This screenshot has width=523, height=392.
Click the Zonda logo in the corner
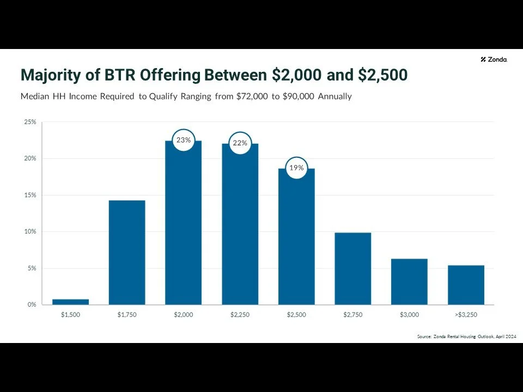pyautogui.click(x=494, y=59)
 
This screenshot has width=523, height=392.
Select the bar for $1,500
pyautogui.click(x=70, y=302)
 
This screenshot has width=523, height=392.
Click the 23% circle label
pyautogui.click(x=184, y=140)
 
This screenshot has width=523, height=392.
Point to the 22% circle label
pyautogui.click(x=240, y=143)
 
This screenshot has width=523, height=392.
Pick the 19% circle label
pyautogui.click(x=296, y=168)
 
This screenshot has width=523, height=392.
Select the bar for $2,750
pyautogui.click(x=353, y=268)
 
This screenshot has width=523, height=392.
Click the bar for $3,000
pyautogui.click(x=409, y=281)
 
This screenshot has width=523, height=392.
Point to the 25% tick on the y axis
pyautogui.click(x=30, y=122)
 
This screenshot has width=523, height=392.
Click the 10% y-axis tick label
pyautogui.click(x=30, y=231)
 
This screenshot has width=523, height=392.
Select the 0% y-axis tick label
pyautogui.click(x=31, y=304)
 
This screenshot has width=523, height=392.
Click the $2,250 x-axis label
pyautogui.click(x=240, y=315)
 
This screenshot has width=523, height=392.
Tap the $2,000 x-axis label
pyautogui.click(x=184, y=315)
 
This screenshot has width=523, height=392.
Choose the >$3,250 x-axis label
pyautogui.click(x=466, y=315)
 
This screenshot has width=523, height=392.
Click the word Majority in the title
pyautogui.click(x=53, y=75)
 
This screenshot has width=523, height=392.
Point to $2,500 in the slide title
pyautogui.click(x=382, y=75)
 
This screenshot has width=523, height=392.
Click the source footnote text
pyautogui.click(x=466, y=337)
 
